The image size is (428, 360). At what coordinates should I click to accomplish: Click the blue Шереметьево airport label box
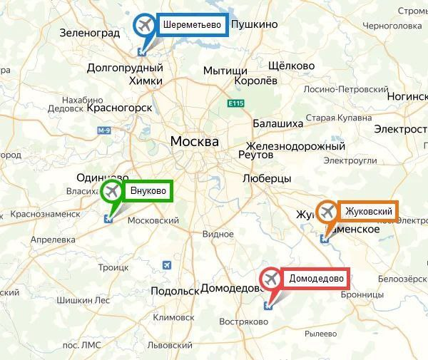coord(191,25)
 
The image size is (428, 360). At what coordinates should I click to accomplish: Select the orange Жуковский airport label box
coord(368,211)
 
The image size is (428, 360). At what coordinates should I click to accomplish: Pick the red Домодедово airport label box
coord(315,278)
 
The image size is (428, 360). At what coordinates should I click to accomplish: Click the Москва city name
coord(194,141)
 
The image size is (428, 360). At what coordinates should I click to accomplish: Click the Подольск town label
coord(175,291)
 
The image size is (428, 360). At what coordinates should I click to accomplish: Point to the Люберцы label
coord(267,178)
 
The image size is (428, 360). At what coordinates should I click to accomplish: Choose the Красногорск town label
coord(120,108)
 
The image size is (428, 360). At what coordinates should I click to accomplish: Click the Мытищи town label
coord(225,71)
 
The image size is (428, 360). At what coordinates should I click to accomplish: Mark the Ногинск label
coord(405,95)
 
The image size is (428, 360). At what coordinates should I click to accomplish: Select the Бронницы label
coord(364,294)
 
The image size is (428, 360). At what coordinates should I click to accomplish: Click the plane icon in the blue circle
coord(146,25)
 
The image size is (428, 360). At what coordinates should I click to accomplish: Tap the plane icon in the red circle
coord(271,278)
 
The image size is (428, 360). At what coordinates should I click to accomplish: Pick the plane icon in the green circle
coord(111,191)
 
